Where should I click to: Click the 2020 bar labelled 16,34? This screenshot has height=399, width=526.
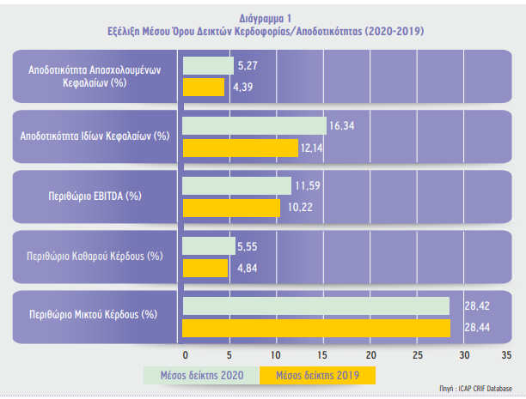click(x=254, y=125)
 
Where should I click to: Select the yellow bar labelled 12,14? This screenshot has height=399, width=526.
click(x=240, y=148)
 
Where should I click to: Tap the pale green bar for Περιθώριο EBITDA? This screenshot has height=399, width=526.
click(x=237, y=185)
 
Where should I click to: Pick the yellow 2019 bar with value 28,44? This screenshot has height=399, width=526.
click(x=316, y=328)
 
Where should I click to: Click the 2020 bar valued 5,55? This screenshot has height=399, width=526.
click(x=209, y=246)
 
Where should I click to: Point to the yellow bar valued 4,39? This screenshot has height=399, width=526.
click(x=204, y=88)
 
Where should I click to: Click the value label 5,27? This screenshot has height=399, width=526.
click(x=248, y=66)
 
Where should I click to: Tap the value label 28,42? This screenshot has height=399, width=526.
click(x=477, y=305)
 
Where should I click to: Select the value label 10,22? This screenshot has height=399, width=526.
click(x=300, y=208)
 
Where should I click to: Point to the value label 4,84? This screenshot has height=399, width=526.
click(x=248, y=269)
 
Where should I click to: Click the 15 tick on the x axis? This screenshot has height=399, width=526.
click(x=322, y=355)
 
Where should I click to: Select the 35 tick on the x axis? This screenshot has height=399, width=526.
click(x=506, y=355)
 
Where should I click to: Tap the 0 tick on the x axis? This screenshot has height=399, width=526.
click(x=185, y=355)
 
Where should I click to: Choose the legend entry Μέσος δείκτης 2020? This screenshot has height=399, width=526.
click(x=202, y=375)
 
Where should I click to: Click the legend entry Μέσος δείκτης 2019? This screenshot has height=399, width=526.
click(x=317, y=375)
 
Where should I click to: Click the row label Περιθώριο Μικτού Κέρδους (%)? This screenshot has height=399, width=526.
click(x=94, y=315)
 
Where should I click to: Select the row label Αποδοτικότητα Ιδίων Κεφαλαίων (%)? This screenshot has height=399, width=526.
click(x=95, y=136)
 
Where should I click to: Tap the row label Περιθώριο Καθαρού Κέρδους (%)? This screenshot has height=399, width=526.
click(x=95, y=257)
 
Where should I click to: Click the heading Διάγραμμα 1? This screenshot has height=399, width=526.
click(x=266, y=18)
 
